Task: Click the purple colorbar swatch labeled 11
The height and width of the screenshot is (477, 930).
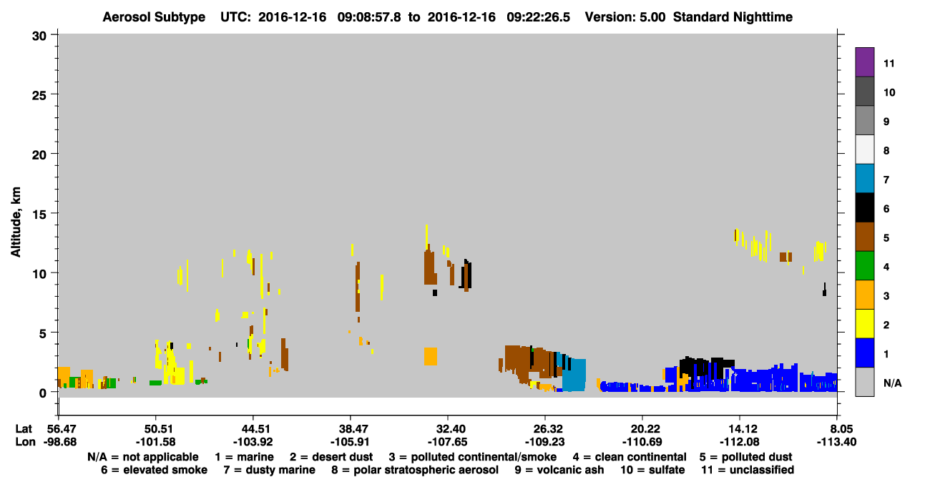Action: pyautogui.click(x=864, y=62)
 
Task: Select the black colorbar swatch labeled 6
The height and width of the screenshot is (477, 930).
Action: pyautogui.click(x=864, y=207)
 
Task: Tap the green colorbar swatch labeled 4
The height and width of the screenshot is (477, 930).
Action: pyautogui.click(x=864, y=266)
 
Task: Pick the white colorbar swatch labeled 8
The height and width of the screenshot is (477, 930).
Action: pyautogui.click(x=864, y=149)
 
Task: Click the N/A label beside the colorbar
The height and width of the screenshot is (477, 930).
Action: pyautogui.click(x=892, y=383)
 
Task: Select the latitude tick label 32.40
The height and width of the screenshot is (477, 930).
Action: pyautogui.click(x=448, y=428)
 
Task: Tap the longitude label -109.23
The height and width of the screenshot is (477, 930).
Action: pyautogui.click(x=544, y=442)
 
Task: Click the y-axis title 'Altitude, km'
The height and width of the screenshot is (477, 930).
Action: pyautogui.click(x=16, y=222)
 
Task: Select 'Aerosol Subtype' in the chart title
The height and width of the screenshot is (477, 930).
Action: pyautogui.click(x=154, y=17)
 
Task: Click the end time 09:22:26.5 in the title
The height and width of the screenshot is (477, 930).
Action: pyautogui.click(x=539, y=17)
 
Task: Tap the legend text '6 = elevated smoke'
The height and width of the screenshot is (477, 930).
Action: pyautogui.click(x=154, y=470)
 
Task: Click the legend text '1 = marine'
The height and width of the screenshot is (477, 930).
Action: pyautogui.click(x=244, y=457)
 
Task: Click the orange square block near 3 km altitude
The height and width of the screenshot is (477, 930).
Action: pyautogui.click(x=431, y=356)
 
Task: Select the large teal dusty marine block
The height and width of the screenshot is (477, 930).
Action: pyautogui.click(x=574, y=375)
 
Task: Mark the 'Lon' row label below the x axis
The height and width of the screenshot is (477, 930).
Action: pyautogui.click(x=25, y=442)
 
